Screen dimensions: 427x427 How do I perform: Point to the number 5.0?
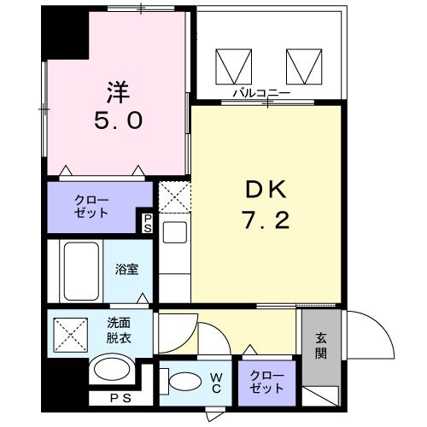(117, 120)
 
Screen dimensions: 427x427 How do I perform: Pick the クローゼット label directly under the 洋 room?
(91, 207)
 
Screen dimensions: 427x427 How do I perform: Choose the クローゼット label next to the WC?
(268, 381)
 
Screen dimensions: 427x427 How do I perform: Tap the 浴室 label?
(127, 268)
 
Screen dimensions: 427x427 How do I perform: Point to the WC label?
(217, 381)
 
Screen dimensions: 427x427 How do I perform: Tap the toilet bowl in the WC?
(181, 382)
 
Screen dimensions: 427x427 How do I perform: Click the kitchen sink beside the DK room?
(173, 232)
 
